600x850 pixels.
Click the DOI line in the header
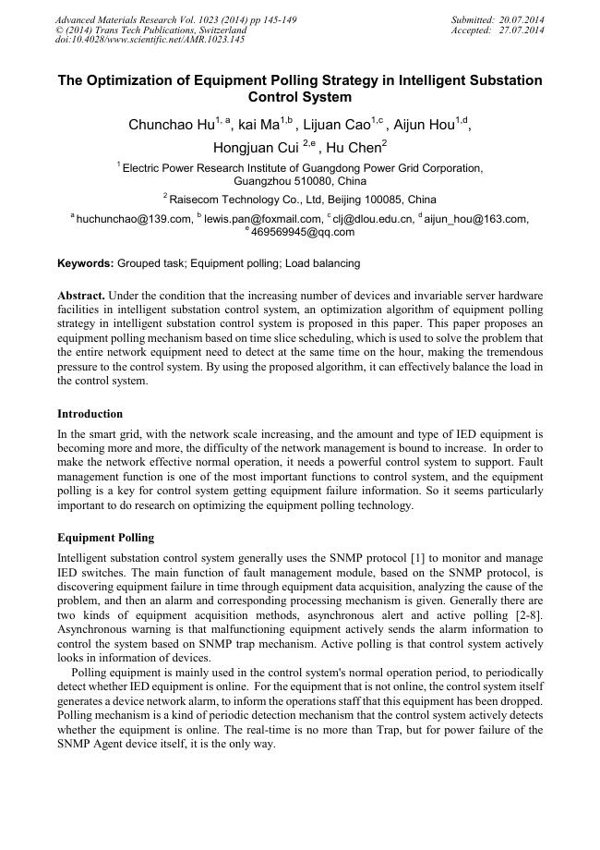coord(150,40)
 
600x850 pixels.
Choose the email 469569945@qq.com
coord(303,232)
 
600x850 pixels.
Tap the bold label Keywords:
coord(86,263)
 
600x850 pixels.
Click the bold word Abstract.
coord(80,295)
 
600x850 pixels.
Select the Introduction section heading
coord(90,413)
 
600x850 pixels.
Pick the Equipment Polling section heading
coord(105,537)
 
